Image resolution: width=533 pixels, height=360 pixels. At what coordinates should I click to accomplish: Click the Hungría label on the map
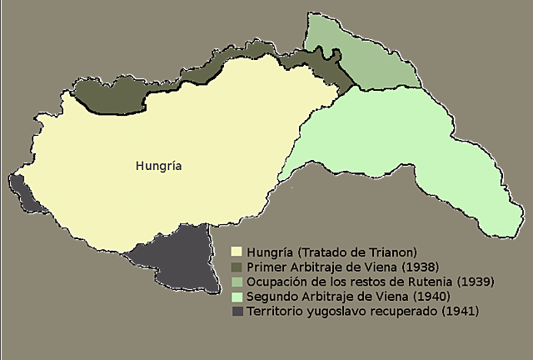pos(158,166)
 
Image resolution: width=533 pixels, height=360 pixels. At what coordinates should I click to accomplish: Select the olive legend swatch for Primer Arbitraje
pos(237,267)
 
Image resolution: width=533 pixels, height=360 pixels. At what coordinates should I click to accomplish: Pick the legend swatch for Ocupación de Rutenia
pos(237,282)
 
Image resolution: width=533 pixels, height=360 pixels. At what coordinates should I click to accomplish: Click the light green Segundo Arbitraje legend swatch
pos(237,297)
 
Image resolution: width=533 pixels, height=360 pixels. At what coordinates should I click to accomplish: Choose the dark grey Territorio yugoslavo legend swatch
pos(237,312)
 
